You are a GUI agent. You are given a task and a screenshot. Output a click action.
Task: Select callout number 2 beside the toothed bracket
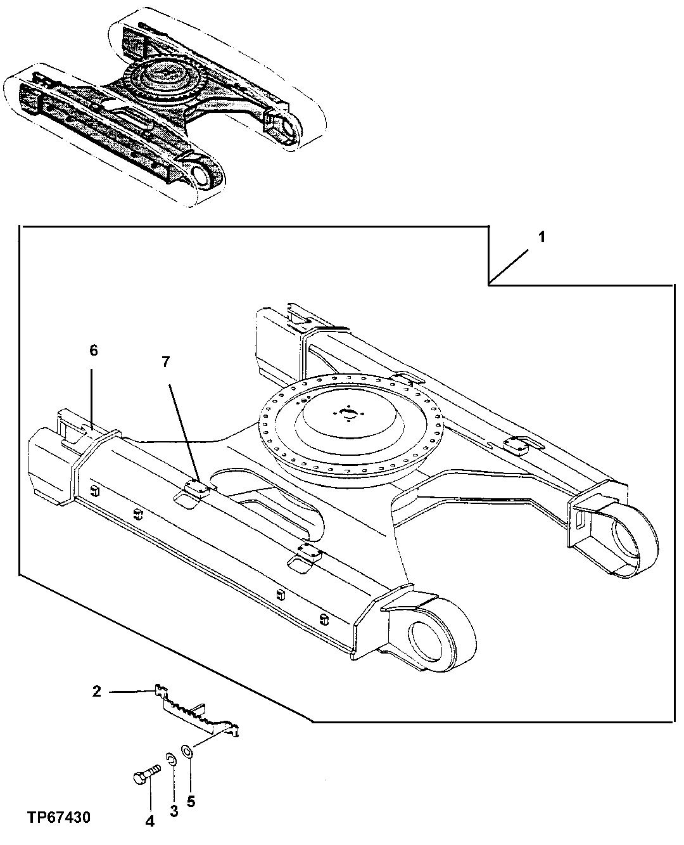(x=96, y=692)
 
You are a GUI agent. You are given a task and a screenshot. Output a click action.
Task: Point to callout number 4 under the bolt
(x=149, y=821)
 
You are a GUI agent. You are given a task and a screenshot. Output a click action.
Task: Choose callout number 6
(x=93, y=351)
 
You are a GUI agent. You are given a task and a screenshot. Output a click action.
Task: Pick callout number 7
(x=166, y=362)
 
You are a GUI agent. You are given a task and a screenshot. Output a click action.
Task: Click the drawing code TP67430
(x=59, y=818)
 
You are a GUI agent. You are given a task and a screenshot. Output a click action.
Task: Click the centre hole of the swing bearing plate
(x=347, y=415)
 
